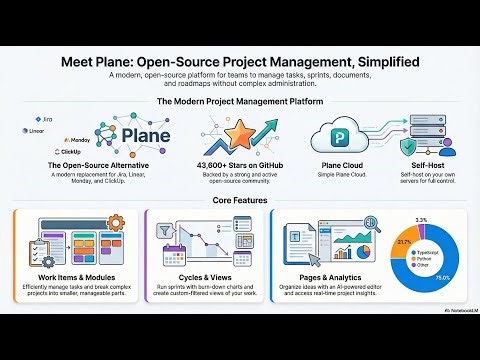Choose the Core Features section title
(x=239, y=200)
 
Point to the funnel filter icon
(x=168, y=228)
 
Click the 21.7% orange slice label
(x=403, y=242)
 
